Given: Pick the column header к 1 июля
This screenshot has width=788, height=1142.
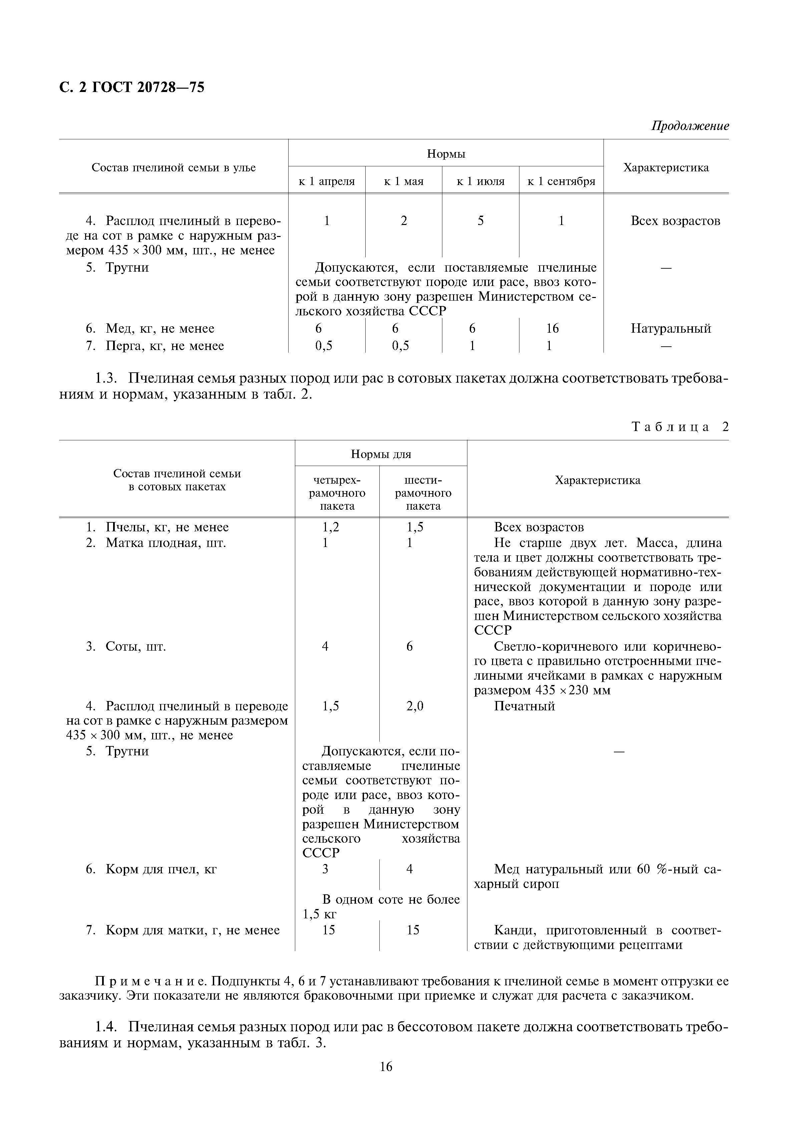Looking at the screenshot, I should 480,182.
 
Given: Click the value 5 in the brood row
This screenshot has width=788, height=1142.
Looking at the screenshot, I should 480,221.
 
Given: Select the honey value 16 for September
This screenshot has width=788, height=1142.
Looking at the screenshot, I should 552,329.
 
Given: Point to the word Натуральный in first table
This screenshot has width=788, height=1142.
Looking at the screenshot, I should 671,329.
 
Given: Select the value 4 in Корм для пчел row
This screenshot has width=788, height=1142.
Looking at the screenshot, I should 409,869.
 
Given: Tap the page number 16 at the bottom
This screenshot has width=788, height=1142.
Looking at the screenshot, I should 386,1067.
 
